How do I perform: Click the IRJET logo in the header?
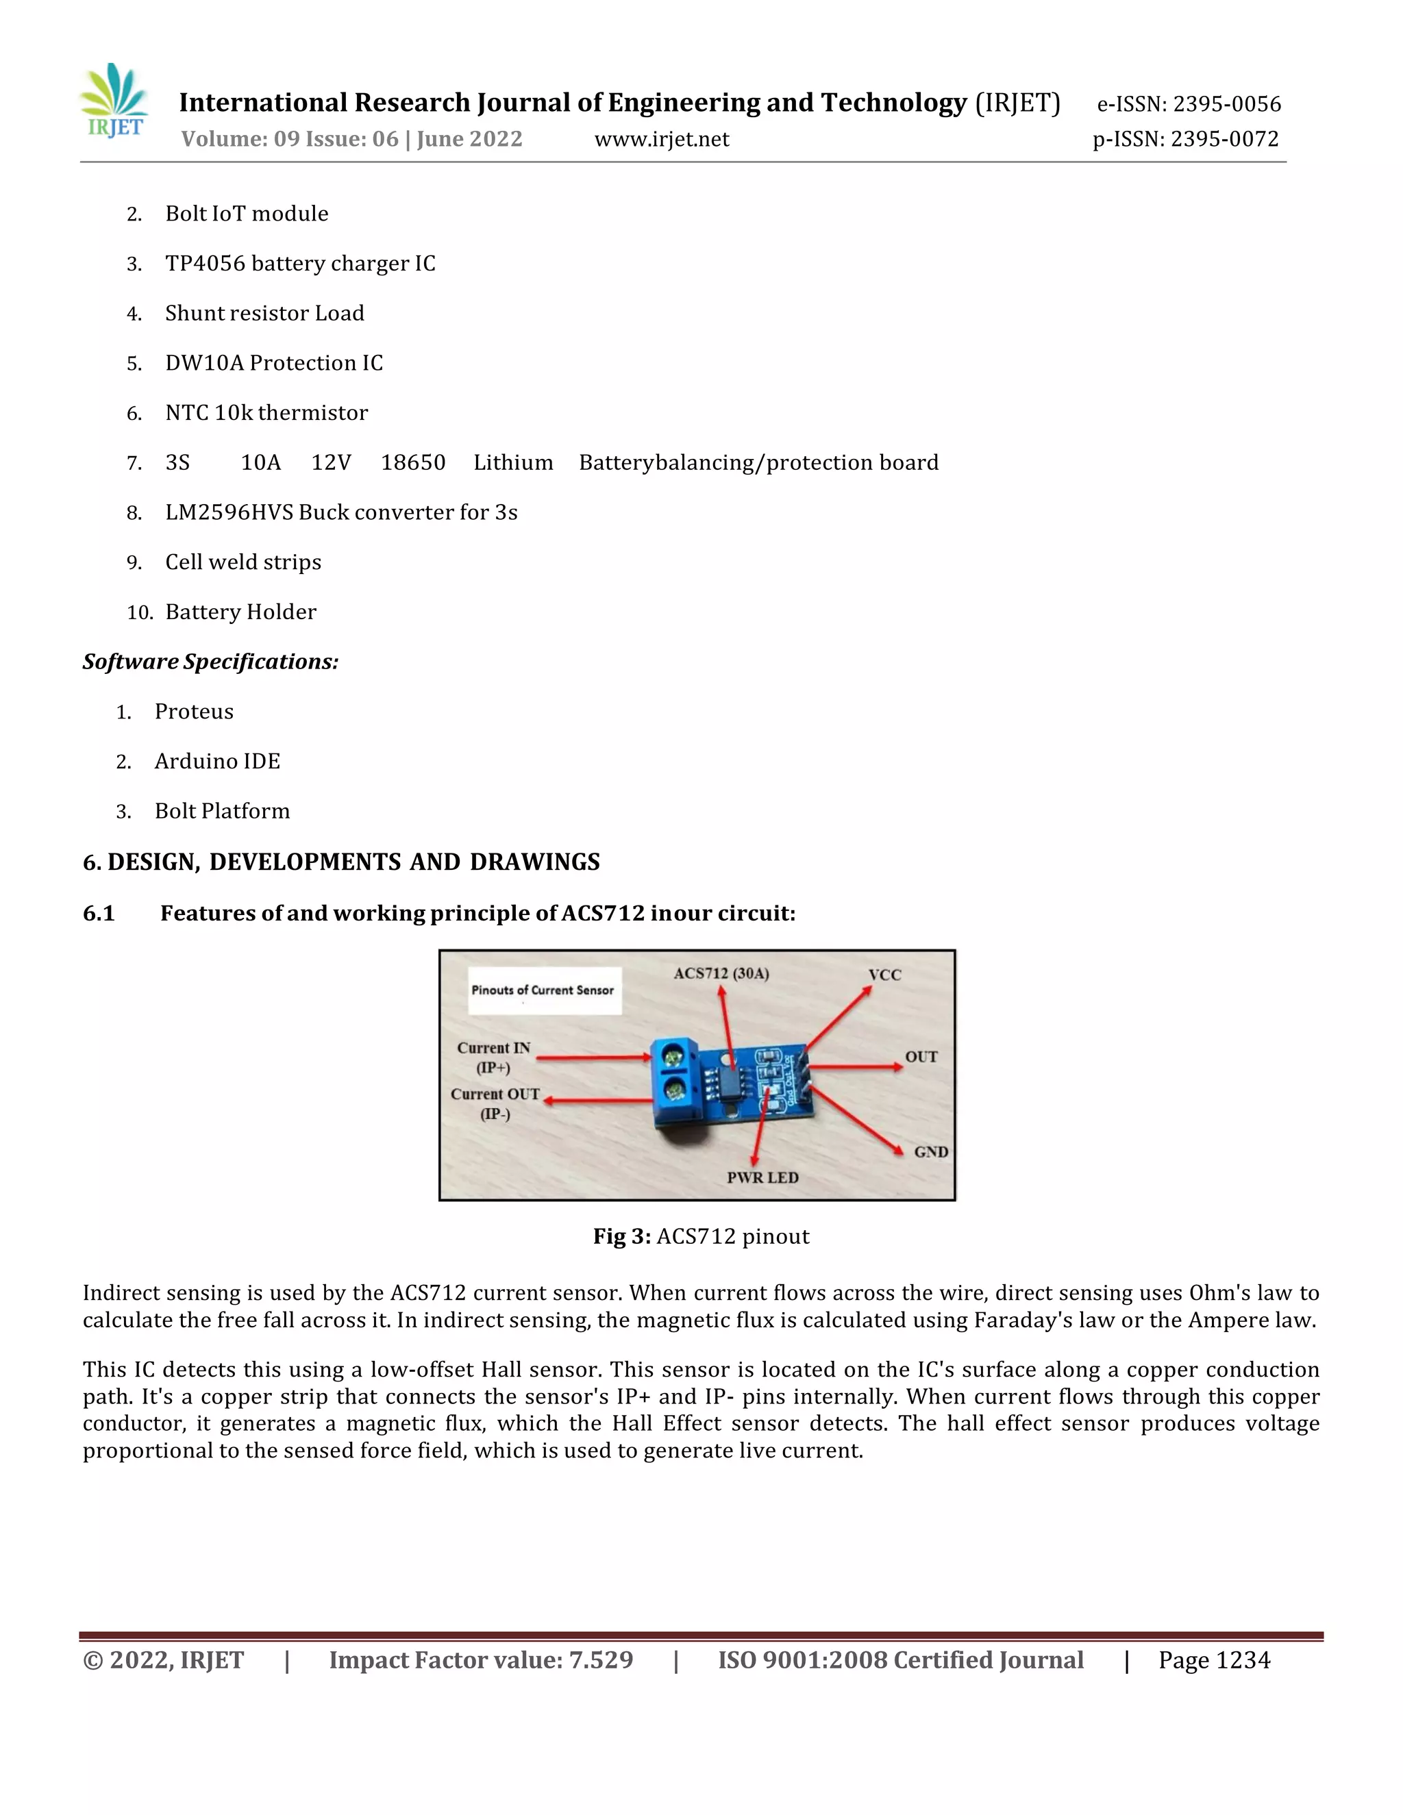point(114,101)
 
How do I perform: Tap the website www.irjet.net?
point(662,139)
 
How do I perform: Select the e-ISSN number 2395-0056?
point(1189,104)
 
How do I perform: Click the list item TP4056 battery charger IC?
point(300,264)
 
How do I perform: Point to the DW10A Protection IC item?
point(273,363)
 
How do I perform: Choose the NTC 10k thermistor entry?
point(266,413)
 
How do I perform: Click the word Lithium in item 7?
point(513,463)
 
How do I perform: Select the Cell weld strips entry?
point(243,562)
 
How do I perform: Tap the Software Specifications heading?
point(210,662)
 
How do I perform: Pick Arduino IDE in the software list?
point(217,761)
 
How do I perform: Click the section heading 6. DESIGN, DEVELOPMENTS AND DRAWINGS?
point(340,862)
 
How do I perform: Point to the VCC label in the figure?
point(884,975)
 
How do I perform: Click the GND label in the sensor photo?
point(931,1152)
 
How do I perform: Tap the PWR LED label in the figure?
point(762,1177)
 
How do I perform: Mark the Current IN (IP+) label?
point(494,1057)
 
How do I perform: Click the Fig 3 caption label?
point(621,1236)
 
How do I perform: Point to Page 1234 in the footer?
point(1215,1660)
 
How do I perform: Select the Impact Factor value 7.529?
point(480,1660)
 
